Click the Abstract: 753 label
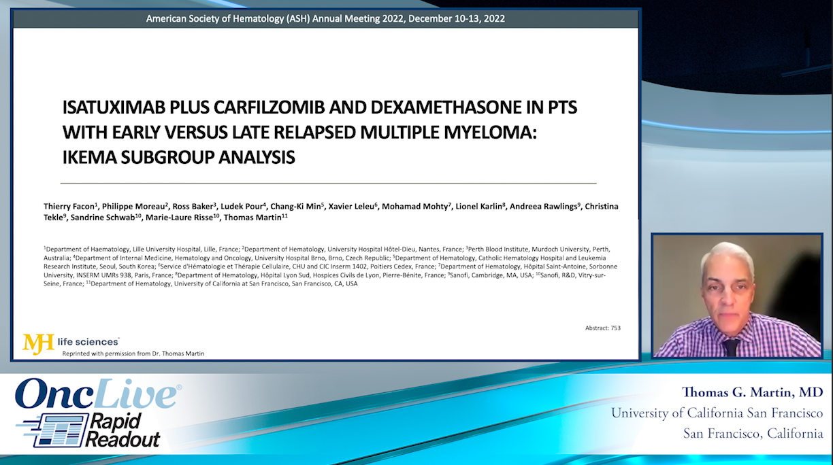point(602,328)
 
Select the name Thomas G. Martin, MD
point(753,392)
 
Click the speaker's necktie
point(731,347)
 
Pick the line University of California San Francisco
point(717,413)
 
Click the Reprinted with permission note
point(133,354)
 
